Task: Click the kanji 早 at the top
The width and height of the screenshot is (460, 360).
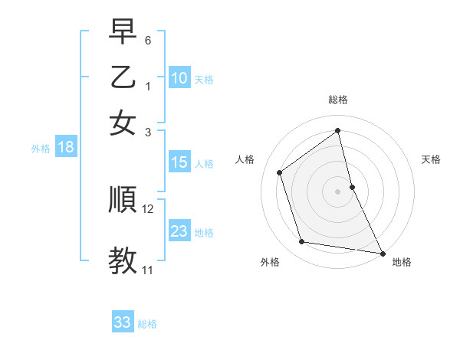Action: tap(123, 33)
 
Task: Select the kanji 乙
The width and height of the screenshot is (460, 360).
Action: tap(123, 78)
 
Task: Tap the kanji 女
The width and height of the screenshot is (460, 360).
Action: tap(123, 123)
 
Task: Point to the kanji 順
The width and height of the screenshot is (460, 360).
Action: tap(123, 201)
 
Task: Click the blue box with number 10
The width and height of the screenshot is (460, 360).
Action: tap(179, 77)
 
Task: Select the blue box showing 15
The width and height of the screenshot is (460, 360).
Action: tap(179, 162)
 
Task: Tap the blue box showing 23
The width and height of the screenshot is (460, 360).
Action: tap(179, 231)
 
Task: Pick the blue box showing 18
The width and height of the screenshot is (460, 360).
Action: tap(66, 148)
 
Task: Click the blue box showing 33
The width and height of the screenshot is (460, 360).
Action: tap(123, 322)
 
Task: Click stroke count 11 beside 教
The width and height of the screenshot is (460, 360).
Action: tap(148, 270)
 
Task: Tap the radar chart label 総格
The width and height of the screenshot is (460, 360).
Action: tap(338, 100)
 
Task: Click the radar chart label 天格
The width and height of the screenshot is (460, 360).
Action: tap(432, 159)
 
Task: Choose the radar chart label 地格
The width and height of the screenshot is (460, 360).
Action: tap(402, 262)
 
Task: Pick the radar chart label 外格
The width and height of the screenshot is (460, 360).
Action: tap(269, 262)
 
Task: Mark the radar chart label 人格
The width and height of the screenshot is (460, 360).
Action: tap(245, 159)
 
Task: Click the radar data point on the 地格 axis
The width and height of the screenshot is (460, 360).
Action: tap(382, 253)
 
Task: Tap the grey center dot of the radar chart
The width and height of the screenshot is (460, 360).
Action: tap(338, 191)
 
